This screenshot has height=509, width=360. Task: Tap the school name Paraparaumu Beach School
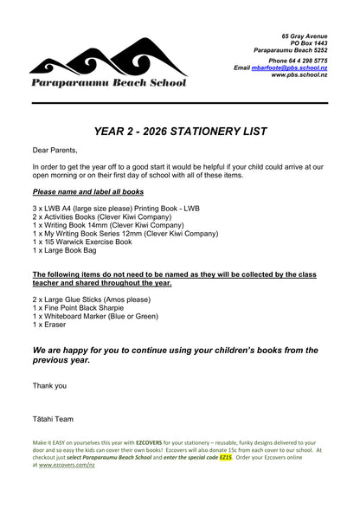[107, 83]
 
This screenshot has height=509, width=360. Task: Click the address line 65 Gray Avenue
[304, 35]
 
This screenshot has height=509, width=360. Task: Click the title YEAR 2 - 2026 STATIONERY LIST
[180, 132]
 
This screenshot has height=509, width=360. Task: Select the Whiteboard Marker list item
[95, 316]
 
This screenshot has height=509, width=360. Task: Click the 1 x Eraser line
[49, 325]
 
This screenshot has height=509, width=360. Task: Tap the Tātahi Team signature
[53, 419]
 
